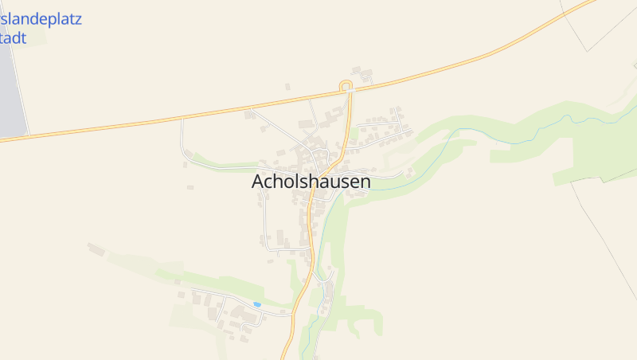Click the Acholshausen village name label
pyautogui.click(x=311, y=182)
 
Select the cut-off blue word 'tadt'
pyautogui.click(x=14, y=37)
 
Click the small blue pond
pyautogui.click(x=256, y=304)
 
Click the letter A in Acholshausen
pyautogui.click(x=258, y=182)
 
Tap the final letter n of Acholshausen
pyautogui.click(x=365, y=182)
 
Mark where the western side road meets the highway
pyautogui.click(x=182, y=119)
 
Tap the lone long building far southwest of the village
pyautogui.click(x=96, y=249)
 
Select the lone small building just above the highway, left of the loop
pyautogui.click(x=287, y=86)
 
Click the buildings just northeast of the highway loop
pyautogui.click(x=365, y=76)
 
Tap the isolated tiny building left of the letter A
pyautogui.click(x=190, y=187)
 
